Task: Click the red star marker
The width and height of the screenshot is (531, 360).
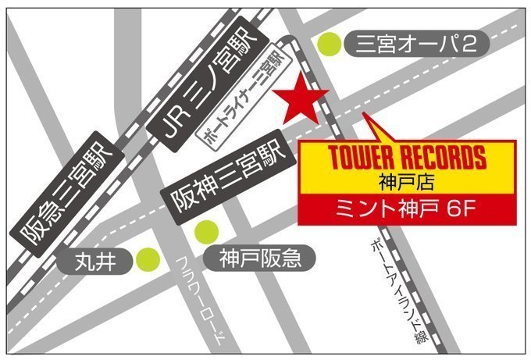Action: (301, 99)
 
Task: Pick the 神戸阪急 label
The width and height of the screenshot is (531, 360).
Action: (256, 256)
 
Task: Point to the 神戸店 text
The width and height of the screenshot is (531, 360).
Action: (404, 184)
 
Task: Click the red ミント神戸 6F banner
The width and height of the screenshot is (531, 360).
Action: (404, 210)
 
